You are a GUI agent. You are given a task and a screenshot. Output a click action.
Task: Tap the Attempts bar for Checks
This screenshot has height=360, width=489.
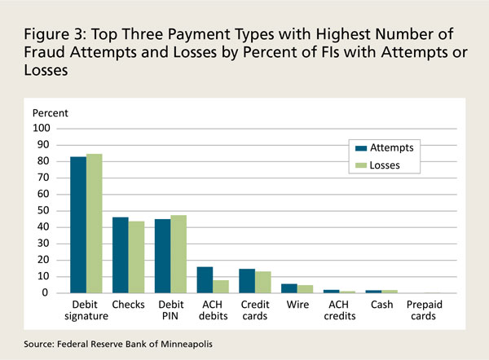click(x=120, y=255)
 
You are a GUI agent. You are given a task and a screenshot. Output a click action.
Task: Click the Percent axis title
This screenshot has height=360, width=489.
click(x=50, y=112)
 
